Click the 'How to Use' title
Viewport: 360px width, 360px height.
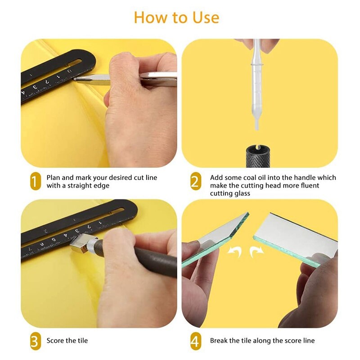click(176, 18)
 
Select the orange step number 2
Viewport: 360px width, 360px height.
click(195, 182)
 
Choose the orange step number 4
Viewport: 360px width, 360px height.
click(195, 342)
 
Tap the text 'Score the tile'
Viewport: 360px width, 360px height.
click(67, 341)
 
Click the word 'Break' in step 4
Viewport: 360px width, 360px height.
click(219, 341)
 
